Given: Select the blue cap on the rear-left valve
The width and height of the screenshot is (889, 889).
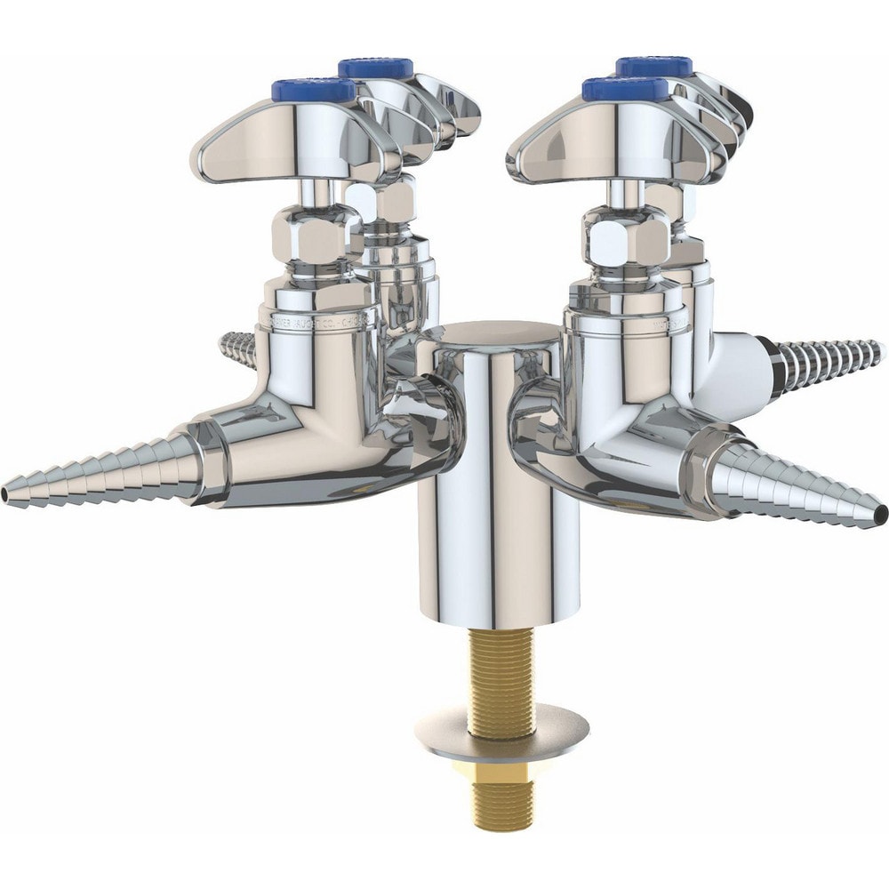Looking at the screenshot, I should point(376,67).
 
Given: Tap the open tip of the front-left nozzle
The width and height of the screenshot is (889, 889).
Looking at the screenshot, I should point(7,491).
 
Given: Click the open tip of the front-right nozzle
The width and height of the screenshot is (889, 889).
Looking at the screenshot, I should point(879,513).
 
